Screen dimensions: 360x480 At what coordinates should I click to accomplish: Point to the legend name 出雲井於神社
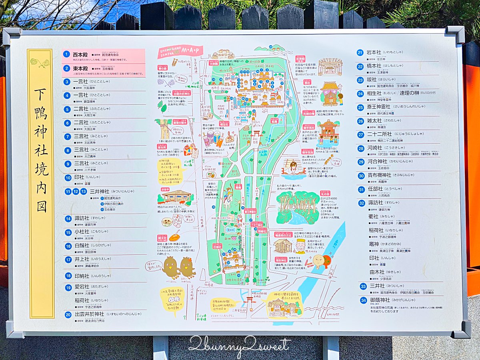point(89,314)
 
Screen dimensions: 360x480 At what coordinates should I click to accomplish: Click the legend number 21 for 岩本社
point(360,52)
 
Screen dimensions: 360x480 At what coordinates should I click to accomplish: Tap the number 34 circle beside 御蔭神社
point(363,300)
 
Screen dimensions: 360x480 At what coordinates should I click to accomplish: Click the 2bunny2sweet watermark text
point(239,345)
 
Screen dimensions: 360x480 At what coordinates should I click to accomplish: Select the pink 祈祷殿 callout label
point(300,58)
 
